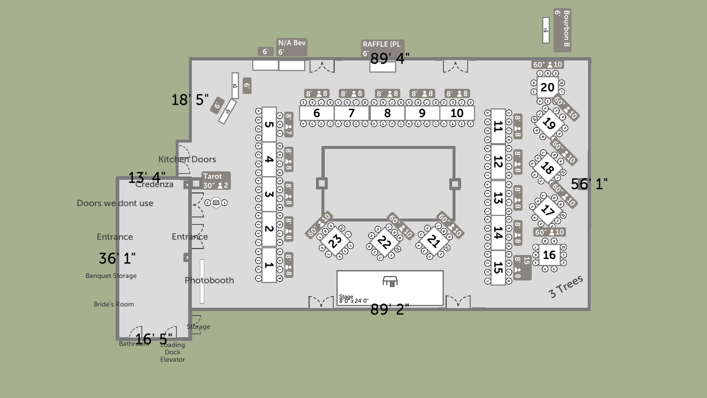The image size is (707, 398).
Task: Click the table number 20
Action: (x=547, y=87)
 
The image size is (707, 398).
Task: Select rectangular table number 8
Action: (x=387, y=113)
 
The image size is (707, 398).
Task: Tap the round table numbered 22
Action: (x=384, y=242)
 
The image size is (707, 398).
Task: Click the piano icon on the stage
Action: (x=390, y=282)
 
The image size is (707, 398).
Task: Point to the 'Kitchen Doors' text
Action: (x=187, y=159)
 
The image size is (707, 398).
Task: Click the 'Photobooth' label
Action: (x=209, y=280)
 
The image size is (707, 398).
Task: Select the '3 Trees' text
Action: (x=566, y=286)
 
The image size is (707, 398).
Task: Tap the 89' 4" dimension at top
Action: (x=389, y=58)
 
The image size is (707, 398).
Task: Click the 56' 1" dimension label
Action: (x=589, y=184)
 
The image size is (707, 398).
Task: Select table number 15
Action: (x=498, y=268)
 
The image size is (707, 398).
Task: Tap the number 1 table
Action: (x=269, y=265)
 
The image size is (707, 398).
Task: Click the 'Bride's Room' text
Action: (x=114, y=304)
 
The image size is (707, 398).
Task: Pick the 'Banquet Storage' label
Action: (x=111, y=276)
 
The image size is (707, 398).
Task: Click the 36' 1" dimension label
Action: (x=117, y=258)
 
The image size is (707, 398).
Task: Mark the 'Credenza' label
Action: (x=154, y=185)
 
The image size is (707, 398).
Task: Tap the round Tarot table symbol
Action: (x=216, y=202)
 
